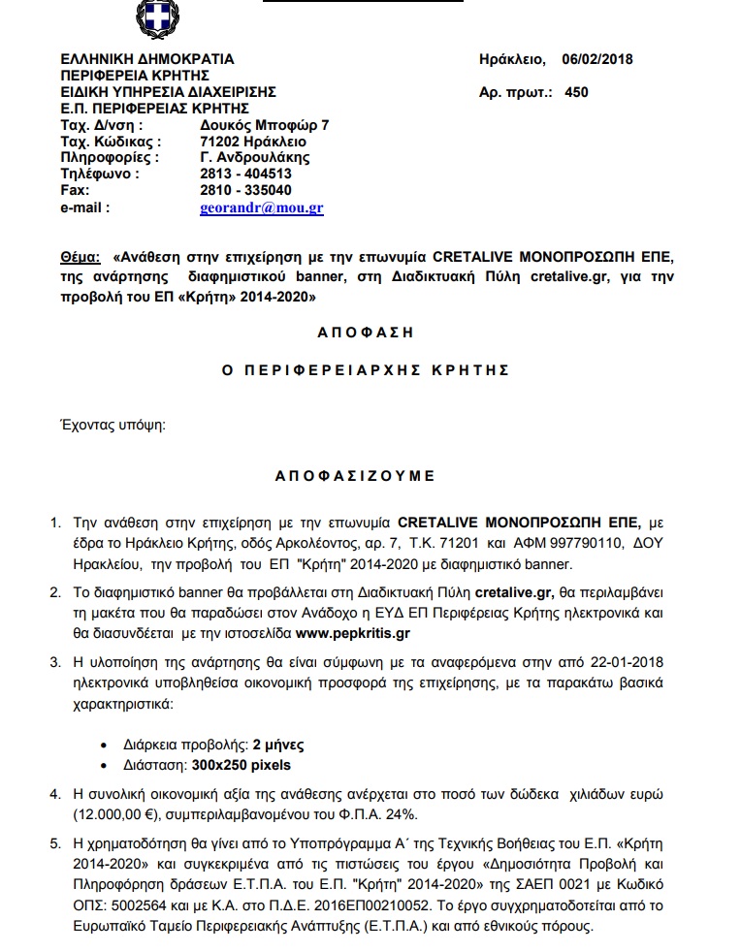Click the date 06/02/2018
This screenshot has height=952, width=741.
tap(596, 59)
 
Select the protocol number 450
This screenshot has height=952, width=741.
tap(575, 93)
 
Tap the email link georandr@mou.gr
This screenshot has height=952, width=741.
tap(262, 207)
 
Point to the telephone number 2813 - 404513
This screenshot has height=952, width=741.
tap(245, 174)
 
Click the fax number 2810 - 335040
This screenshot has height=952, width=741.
tap(245, 190)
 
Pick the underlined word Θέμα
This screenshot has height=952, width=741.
tap(80, 259)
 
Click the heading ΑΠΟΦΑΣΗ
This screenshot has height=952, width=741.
tap(366, 332)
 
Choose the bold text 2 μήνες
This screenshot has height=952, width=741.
tap(278, 746)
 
